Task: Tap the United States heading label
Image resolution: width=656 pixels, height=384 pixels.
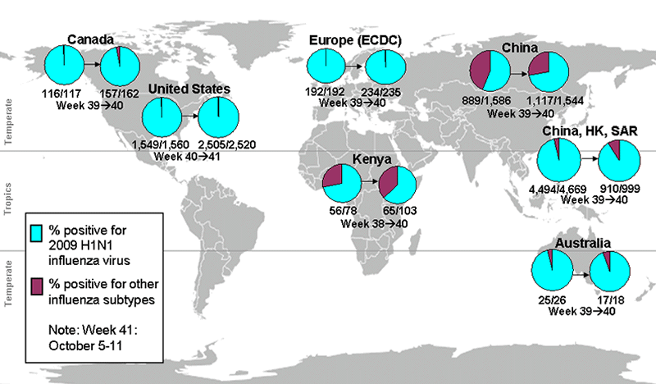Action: (189, 89)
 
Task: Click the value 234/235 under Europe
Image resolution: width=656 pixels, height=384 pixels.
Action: (383, 93)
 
